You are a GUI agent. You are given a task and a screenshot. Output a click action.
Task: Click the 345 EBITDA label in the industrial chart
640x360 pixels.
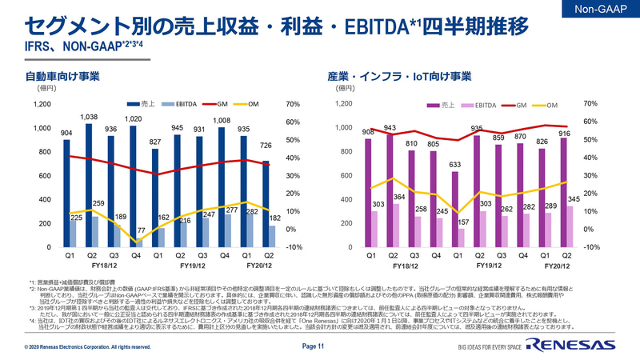coord(573,198)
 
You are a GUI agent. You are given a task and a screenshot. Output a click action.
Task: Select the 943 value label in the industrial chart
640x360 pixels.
coord(390,127)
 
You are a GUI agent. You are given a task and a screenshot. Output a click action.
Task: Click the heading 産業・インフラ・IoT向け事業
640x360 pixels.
coord(399,77)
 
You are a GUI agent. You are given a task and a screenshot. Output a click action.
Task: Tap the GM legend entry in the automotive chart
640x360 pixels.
coord(222,104)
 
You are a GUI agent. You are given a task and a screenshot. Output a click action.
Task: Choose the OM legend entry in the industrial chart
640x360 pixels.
coord(551,105)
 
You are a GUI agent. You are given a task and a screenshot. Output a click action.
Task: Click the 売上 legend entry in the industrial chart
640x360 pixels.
coord(448,105)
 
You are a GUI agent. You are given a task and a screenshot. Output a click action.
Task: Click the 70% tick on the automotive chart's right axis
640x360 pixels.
coord(292,104)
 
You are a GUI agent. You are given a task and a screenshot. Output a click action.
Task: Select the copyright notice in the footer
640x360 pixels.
coord(88,347)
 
